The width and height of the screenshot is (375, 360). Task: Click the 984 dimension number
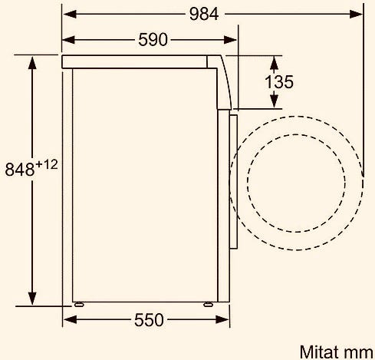pyautogui.click(x=204, y=14)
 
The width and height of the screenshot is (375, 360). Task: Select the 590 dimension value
pyautogui.click(x=153, y=40)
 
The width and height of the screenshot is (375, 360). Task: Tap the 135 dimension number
pyautogui.click(x=279, y=82)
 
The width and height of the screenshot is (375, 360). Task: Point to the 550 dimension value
pyautogui.click(x=149, y=319)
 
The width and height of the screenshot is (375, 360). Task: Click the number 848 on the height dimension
pyautogui.click(x=20, y=169)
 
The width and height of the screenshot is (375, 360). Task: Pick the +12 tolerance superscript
pyautogui.click(x=47, y=165)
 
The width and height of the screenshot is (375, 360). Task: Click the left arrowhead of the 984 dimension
pyautogui.click(x=70, y=14)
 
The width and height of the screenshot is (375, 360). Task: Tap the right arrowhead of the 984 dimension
pyautogui.click(x=356, y=14)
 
